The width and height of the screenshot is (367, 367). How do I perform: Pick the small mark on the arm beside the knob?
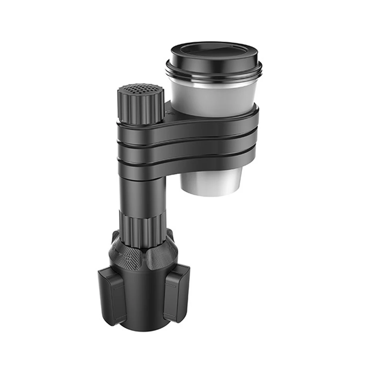coord(167,111)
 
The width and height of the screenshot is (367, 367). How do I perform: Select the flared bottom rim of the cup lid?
coord(214,74)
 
